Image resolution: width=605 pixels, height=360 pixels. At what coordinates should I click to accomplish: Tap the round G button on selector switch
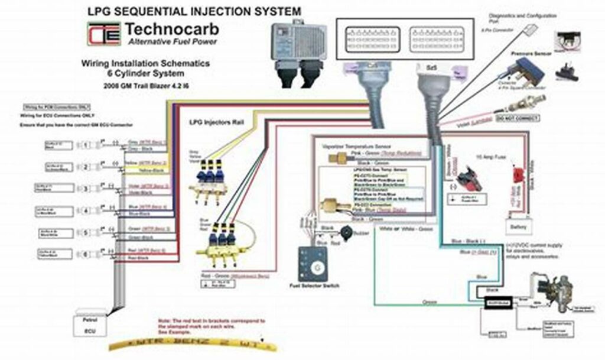[319, 268]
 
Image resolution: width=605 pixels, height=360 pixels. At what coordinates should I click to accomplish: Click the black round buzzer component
[344, 232]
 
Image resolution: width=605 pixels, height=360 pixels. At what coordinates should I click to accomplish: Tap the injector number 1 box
[86, 145]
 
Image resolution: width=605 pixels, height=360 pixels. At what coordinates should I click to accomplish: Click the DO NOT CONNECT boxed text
[519, 118]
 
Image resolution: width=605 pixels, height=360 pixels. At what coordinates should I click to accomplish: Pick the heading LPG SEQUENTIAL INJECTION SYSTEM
[194, 11]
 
